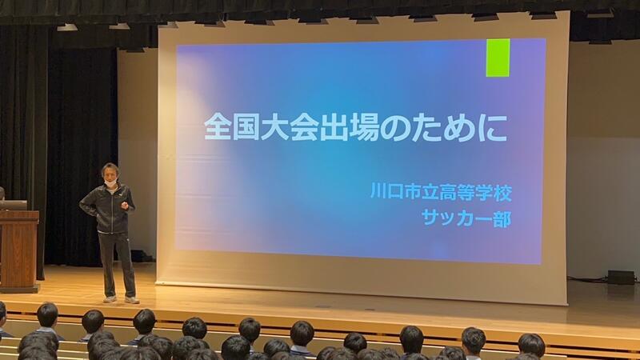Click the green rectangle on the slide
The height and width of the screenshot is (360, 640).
point(498,58)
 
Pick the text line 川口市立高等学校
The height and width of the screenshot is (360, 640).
point(442,192)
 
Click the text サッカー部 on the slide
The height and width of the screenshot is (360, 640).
point(466,218)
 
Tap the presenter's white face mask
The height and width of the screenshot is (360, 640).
point(110,183)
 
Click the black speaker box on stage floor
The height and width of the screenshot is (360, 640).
point(621,278)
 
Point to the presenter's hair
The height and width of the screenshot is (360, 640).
point(110,168)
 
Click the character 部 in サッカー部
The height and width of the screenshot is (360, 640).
point(502,218)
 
